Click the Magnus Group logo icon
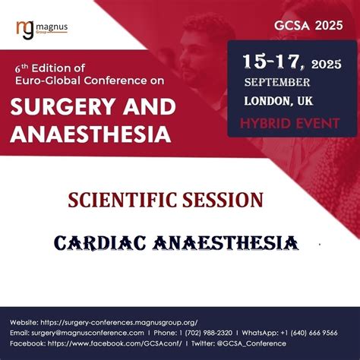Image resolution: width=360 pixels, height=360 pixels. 24,28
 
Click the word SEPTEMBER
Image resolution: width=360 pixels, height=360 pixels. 276,82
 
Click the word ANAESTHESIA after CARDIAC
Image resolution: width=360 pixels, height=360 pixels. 229,243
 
